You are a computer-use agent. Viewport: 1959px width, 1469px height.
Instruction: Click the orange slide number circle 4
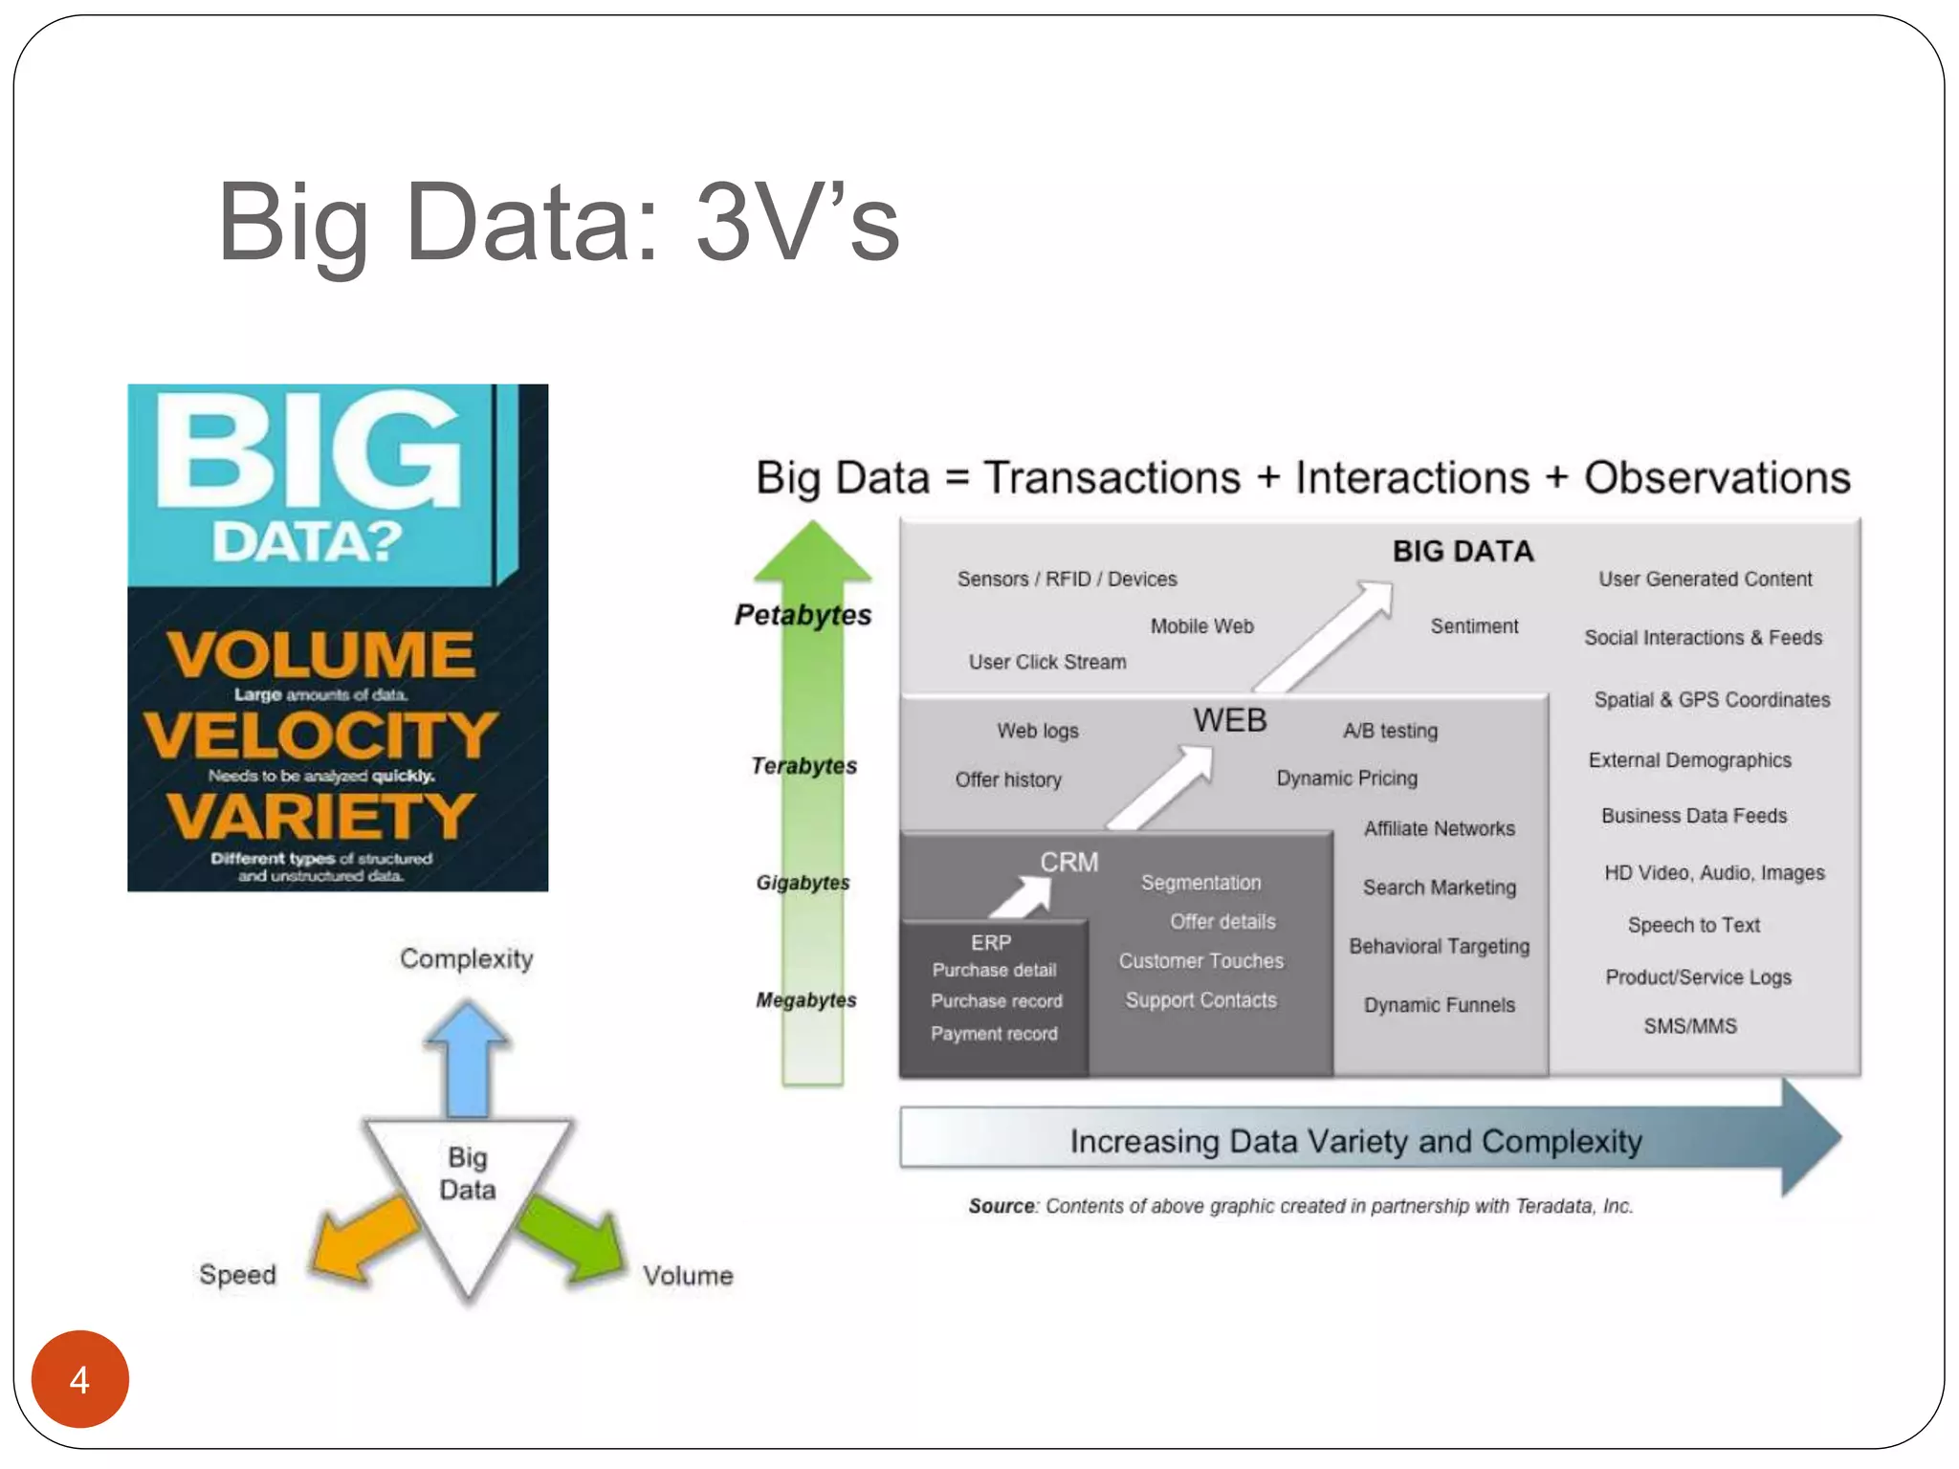point(79,1379)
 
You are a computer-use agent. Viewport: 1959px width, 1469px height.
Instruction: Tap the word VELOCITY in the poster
point(320,734)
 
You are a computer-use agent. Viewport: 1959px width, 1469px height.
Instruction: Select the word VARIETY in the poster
point(320,816)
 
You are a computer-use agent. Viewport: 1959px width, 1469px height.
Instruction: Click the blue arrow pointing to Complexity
point(467,1057)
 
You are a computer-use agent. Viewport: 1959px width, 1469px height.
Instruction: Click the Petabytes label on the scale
point(803,614)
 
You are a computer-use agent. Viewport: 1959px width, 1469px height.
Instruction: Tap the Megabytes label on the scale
point(805,999)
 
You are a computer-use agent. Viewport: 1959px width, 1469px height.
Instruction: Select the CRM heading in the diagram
point(1068,862)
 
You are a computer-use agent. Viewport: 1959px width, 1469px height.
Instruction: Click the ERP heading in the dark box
point(990,942)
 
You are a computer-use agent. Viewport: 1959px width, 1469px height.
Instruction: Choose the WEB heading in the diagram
point(1229,720)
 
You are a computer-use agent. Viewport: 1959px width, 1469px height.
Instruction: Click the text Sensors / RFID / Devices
point(1067,579)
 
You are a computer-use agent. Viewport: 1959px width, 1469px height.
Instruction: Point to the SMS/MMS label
point(1689,1025)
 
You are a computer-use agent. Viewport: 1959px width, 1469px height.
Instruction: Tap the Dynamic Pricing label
point(1346,778)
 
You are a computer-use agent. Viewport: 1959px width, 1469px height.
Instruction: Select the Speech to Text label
point(1693,925)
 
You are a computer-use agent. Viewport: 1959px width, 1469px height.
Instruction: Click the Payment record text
point(994,1033)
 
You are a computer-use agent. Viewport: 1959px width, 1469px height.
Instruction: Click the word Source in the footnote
point(1002,1206)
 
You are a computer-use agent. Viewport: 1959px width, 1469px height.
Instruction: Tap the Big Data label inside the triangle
point(467,1173)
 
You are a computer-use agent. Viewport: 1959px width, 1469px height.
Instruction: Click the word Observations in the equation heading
point(1717,477)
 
